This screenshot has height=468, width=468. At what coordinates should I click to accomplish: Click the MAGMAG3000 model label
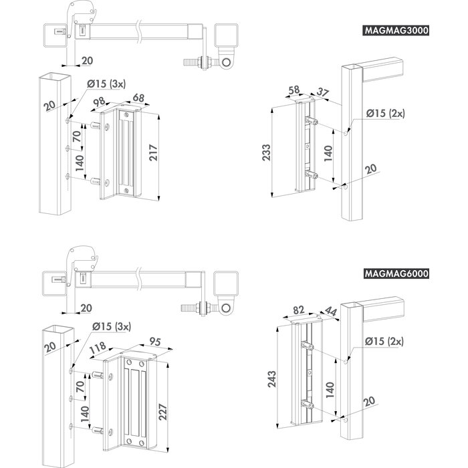pos(396,31)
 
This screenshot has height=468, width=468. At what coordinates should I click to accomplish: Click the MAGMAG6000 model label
pos(396,273)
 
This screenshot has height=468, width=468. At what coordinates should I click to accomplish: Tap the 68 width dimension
pos(138,98)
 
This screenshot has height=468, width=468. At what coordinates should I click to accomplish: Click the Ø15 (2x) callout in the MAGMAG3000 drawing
pos(385,114)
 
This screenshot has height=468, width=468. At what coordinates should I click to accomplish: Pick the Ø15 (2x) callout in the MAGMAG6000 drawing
pos(385,341)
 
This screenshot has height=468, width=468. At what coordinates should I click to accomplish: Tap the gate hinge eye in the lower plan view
pos(228,307)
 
